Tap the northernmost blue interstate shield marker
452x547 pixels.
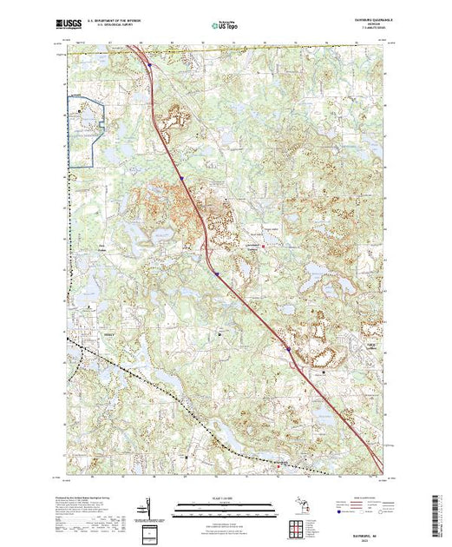[x=149, y=63]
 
